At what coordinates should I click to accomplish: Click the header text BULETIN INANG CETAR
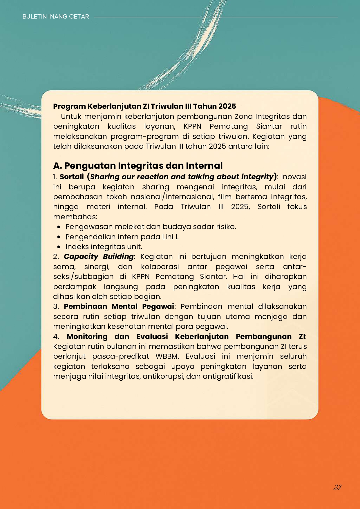coord(56,17)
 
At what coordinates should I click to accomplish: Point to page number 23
coord(337,487)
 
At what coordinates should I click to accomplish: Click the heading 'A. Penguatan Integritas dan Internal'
coord(138,166)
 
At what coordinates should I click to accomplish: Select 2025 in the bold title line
coord(227,106)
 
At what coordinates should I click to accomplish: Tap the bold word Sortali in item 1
coord(72,177)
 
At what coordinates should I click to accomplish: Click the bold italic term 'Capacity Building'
coord(99,256)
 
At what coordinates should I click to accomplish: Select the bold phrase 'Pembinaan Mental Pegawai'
coord(119,306)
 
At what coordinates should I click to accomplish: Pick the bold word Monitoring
coord(87,336)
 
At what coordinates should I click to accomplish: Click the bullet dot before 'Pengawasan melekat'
coord(59,227)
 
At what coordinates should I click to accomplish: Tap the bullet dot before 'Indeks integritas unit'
coord(59,247)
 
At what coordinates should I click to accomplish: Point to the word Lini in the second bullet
coord(168,237)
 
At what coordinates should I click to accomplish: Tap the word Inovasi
coord(294,177)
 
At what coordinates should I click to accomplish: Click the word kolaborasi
coord(160,267)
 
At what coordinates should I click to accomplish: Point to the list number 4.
coord(56,336)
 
